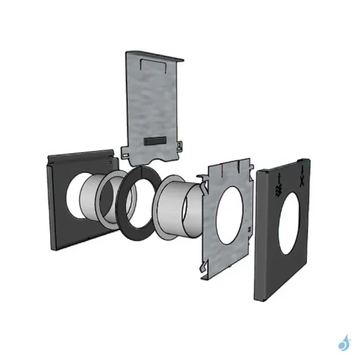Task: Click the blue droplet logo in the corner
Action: point(344,343)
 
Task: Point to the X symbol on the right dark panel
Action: point(301,178)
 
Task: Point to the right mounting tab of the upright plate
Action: point(179,145)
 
